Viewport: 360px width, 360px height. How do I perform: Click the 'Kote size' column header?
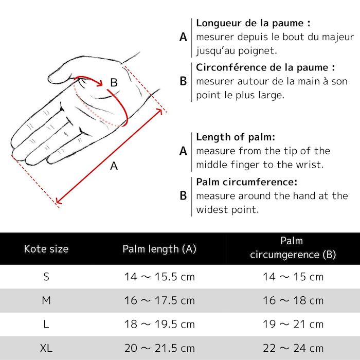click(46, 249)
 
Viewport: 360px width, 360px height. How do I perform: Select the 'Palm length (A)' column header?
click(159, 249)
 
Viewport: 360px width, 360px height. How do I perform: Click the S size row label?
click(46, 277)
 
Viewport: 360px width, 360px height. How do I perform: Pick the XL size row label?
click(46, 348)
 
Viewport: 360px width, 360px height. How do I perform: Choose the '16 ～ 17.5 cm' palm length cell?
click(159, 300)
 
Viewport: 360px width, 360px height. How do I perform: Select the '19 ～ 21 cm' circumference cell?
click(293, 325)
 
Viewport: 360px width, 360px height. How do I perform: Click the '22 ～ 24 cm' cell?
click(293, 348)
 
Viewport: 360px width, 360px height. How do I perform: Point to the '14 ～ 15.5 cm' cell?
click(159, 277)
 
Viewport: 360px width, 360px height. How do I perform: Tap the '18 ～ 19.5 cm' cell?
click(159, 325)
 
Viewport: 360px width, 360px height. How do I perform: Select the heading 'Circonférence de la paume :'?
click(265, 67)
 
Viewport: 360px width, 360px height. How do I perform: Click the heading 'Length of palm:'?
click(236, 137)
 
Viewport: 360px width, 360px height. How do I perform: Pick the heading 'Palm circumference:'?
click(247, 182)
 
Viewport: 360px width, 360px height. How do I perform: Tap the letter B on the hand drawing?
click(114, 82)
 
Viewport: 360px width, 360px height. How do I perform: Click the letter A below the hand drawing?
click(114, 166)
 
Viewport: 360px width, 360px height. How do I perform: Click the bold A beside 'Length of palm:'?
click(183, 151)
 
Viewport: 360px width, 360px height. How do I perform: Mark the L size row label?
click(46, 325)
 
